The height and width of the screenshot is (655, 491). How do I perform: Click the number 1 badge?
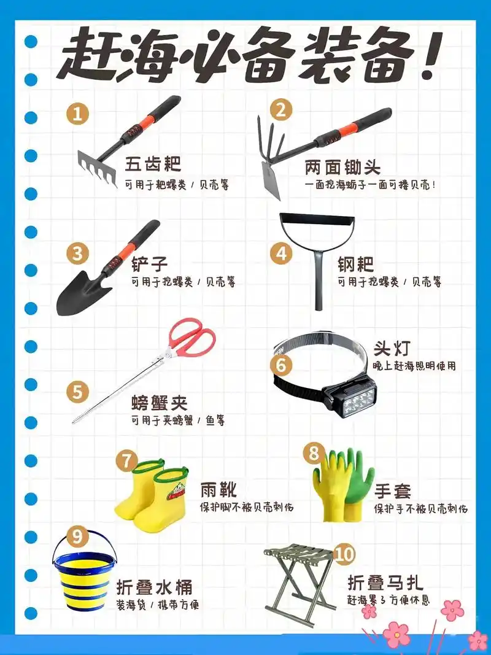coord(77,114)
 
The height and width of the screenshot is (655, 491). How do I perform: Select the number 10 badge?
coord(344,554)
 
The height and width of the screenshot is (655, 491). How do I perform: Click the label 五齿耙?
coord(153,165)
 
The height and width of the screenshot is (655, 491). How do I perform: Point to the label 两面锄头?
coord(342,167)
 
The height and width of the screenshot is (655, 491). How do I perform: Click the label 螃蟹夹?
coord(159,403)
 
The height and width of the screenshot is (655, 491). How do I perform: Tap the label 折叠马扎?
coord(385,581)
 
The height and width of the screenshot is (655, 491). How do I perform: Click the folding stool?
coord(299,577)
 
